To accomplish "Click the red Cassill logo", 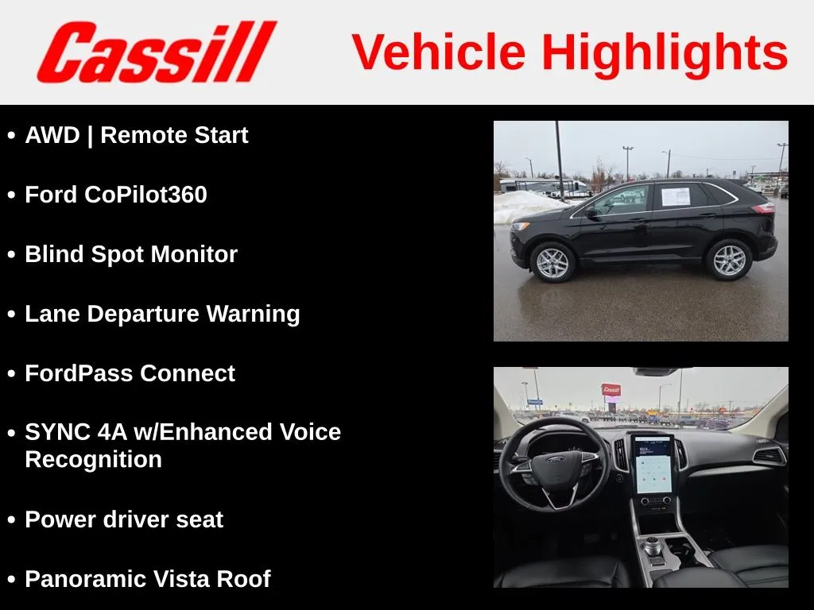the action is tap(157, 52).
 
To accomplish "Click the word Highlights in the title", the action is tap(665, 52).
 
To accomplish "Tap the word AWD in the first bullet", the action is tap(52, 135).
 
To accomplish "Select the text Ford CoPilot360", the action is tap(116, 195).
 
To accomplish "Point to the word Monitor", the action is tap(194, 255).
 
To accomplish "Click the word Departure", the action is tap(143, 315).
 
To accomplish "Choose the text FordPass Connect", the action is tap(130, 373).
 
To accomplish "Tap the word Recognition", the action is tap(94, 460).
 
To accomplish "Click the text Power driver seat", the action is tap(124, 519).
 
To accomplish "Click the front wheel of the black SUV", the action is tap(552, 262).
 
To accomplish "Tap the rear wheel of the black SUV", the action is tap(729, 260).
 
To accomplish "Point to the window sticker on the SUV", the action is tap(676, 197).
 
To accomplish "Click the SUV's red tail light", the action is tap(763, 209).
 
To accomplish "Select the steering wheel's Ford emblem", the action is tap(556, 460).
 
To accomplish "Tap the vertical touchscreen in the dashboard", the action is tap(653, 465).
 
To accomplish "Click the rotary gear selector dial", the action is tap(653, 546).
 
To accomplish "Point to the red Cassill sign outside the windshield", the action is tap(611, 389).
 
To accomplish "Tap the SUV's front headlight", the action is tap(520, 226).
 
